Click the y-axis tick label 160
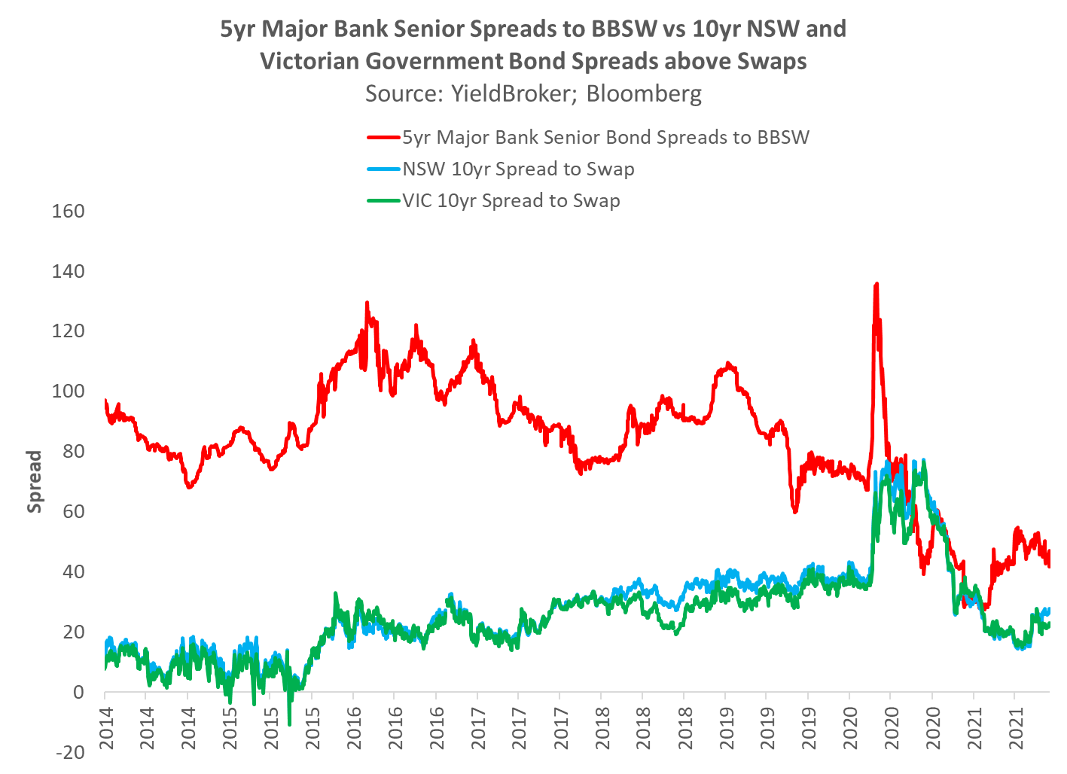pyautogui.click(x=69, y=211)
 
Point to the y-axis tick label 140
pyautogui.click(x=69, y=271)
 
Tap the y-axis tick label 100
pyautogui.click(x=69, y=392)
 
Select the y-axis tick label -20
pyautogui.click(x=69, y=752)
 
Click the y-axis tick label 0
pyautogui.click(x=78, y=692)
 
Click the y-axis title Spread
pyautogui.click(x=35, y=482)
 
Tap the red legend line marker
pyautogui.click(x=384, y=138)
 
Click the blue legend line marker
pyautogui.click(x=384, y=169)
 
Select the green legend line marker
pyautogui.click(x=384, y=201)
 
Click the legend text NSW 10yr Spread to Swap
pyautogui.click(x=518, y=169)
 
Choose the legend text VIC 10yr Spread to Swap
pyautogui.click(x=511, y=201)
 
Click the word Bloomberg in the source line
pyautogui.click(x=644, y=93)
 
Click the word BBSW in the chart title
pyautogui.click(x=626, y=29)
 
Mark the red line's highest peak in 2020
pyautogui.click(x=876, y=285)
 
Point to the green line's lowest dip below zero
pyautogui.click(x=290, y=724)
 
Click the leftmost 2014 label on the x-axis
pyautogui.click(x=105, y=729)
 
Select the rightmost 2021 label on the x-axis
pyautogui.click(x=1016, y=729)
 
